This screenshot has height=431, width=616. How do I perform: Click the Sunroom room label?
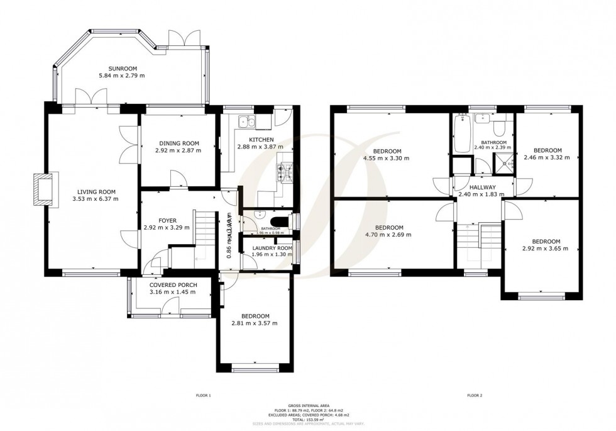click(122, 69)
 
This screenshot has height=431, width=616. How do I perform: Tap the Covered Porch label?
click(173, 285)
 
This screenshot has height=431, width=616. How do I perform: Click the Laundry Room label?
click(268, 248)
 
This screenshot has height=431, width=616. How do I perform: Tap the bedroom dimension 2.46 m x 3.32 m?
click(547, 157)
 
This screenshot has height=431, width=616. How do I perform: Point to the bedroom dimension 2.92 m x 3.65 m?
click(546, 249)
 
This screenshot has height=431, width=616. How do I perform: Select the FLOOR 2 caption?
click(474, 395)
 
